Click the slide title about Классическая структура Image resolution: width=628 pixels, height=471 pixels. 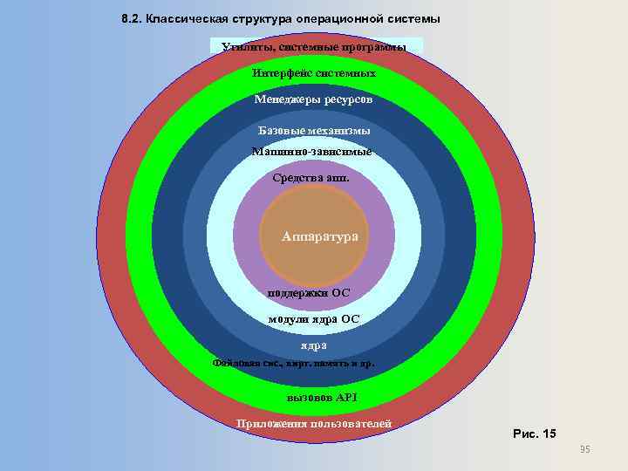click(x=280, y=18)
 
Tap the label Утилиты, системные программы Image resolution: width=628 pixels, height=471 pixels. click(x=314, y=46)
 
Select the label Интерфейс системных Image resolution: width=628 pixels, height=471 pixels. click(x=314, y=73)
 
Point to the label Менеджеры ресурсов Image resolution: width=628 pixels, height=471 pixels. click(x=313, y=99)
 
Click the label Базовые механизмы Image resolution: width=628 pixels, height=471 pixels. click(x=314, y=131)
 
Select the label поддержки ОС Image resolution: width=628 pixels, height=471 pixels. click(x=314, y=293)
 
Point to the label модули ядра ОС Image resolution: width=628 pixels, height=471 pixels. click(x=314, y=319)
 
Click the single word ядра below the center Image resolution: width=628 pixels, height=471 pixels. click(x=314, y=345)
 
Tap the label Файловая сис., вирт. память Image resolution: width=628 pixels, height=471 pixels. click(x=294, y=363)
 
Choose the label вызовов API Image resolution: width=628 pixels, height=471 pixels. click(x=322, y=398)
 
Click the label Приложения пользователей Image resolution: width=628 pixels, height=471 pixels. click(x=314, y=424)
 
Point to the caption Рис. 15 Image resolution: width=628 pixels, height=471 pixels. click(x=534, y=433)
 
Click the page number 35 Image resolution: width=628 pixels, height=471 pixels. click(x=584, y=449)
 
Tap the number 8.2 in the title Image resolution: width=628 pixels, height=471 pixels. click(x=131, y=18)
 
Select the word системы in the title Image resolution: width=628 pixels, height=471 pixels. click(x=414, y=18)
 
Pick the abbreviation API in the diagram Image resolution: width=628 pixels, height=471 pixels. click(x=347, y=398)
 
